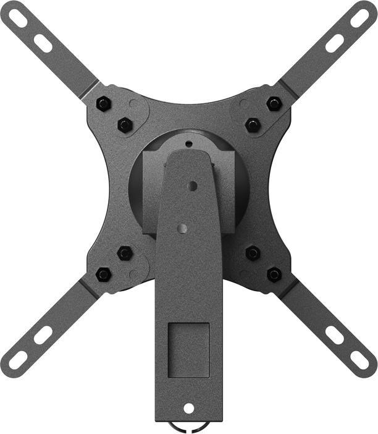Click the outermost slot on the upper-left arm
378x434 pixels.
point(19,19)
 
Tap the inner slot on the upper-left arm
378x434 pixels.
point(43,43)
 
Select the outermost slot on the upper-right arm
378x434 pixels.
point(359,18)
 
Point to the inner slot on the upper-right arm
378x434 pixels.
point(335,43)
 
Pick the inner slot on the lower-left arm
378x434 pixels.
point(43,334)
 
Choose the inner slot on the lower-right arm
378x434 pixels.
point(335,334)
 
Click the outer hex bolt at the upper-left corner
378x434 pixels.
point(104,104)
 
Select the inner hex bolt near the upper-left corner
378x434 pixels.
point(125,125)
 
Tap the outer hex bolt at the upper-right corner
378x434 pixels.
point(274,104)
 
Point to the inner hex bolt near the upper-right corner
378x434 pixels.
point(253,125)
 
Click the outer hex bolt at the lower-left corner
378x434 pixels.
point(104,274)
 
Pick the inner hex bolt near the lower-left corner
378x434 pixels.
point(125,253)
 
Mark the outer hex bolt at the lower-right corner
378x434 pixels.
point(274,274)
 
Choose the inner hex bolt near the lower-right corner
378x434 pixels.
point(253,253)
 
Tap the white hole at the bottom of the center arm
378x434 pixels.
point(189,409)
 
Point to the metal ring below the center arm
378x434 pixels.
point(189,427)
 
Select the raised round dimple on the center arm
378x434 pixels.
point(182,228)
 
